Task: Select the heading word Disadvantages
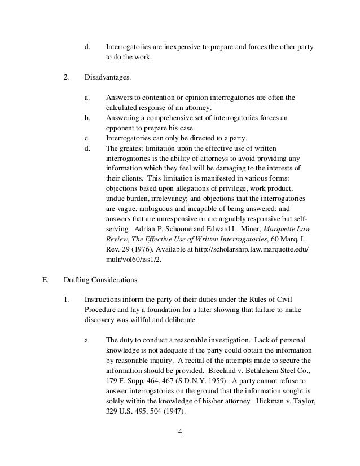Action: (x=107, y=75)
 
